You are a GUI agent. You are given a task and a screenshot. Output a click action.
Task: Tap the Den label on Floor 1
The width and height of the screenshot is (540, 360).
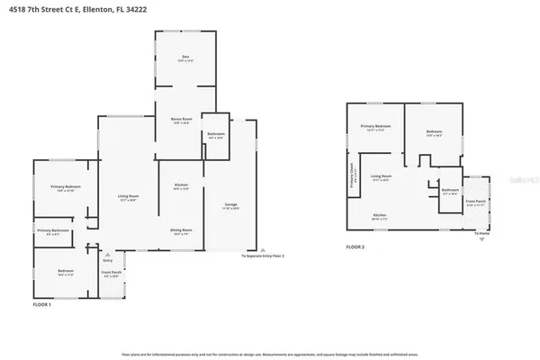[185, 58]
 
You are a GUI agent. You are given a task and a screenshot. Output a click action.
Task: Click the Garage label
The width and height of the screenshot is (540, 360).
[231, 205]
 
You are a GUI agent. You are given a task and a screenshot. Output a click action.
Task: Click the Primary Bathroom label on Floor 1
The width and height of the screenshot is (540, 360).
[50, 232]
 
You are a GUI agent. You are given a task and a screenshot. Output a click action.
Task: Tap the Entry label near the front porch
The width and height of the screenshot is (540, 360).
[109, 260]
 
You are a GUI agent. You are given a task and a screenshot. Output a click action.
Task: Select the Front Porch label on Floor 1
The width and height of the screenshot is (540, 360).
[112, 274]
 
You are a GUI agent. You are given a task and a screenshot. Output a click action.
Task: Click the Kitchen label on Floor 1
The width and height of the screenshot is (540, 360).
[181, 186]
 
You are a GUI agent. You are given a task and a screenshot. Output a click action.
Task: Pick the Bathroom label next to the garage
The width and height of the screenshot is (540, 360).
[215, 134]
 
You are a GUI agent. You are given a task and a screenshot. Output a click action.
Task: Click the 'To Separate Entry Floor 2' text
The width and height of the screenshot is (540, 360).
[263, 256]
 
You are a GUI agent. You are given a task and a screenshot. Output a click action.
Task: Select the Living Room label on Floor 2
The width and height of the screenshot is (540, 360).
[381, 176]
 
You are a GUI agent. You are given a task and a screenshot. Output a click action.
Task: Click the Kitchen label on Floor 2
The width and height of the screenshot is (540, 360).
[380, 216]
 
